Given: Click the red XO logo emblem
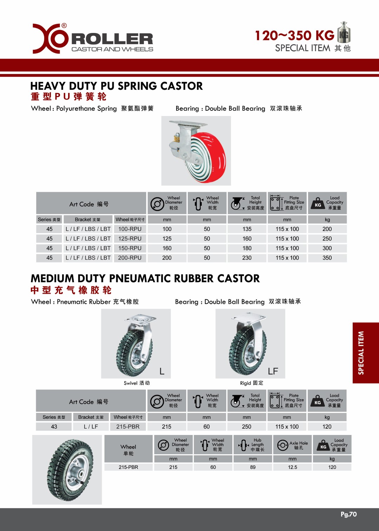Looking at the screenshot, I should click(x=50, y=39).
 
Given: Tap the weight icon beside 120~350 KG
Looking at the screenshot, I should click(x=344, y=32).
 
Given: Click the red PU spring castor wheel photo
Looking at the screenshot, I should click(x=196, y=151).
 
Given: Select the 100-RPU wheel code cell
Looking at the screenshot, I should click(x=130, y=229).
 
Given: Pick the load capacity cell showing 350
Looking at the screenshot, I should click(x=327, y=258).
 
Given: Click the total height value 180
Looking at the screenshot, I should click(x=247, y=248).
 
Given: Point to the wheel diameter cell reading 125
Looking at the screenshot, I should click(x=167, y=239).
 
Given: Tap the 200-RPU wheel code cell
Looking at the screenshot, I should click(x=130, y=258).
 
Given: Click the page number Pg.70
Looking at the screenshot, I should click(x=348, y=514).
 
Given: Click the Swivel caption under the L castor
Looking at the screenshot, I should click(x=137, y=383).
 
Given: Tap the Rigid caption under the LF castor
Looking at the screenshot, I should click(x=251, y=383).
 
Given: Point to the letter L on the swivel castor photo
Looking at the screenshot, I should click(x=162, y=371).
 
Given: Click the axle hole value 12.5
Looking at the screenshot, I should click(x=292, y=467).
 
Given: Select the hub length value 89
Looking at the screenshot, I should click(x=253, y=467).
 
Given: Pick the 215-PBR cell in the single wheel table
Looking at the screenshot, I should click(x=128, y=467).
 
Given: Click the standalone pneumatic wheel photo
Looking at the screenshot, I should click(x=67, y=470).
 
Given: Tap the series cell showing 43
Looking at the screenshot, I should click(x=54, y=427).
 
